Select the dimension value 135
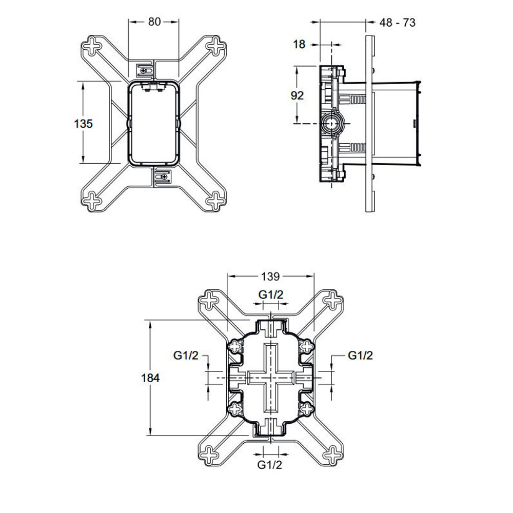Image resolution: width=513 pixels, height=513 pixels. [83, 124]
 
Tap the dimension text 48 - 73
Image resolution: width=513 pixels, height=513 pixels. [398, 22]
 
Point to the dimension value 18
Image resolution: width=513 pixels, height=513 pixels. [299, 44]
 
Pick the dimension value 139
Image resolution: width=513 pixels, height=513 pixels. [270, 277]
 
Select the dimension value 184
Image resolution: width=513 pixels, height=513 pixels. [151, 378]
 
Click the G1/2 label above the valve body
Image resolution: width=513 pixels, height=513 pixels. [270, 294]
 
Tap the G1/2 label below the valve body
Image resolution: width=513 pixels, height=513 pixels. [270, 465]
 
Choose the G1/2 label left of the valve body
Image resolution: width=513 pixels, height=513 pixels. [186, 356]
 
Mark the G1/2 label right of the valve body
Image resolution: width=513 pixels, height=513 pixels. [360, 355]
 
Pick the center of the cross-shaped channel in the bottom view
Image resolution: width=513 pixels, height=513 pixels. [270, 378]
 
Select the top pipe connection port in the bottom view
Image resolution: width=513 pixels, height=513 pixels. [270, 326]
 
